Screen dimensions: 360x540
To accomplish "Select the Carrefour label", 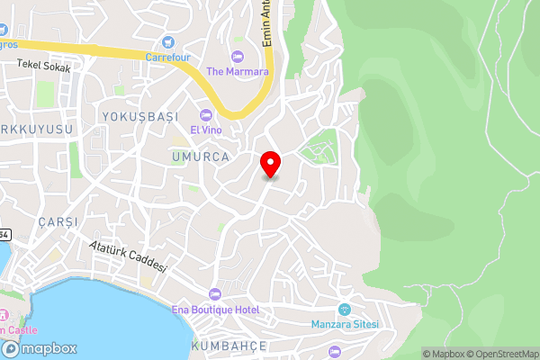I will [x=168, y=56].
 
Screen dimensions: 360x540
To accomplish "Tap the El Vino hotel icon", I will [x=207, y=114].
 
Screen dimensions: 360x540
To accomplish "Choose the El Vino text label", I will [x=207, y=130].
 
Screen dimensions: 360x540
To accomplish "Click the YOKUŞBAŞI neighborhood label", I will [x=141, y=117].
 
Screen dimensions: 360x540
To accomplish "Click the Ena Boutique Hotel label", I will [x=215, y=310].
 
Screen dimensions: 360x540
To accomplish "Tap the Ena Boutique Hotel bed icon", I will [x=214, y=294].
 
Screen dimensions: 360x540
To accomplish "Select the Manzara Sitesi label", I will [x=346, y=324].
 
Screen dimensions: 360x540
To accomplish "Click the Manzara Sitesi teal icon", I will [x=345, y=309].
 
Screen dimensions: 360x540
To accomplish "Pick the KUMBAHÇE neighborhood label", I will [x=229, y=346].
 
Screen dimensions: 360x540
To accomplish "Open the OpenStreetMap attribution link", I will [x=500, y=354].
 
